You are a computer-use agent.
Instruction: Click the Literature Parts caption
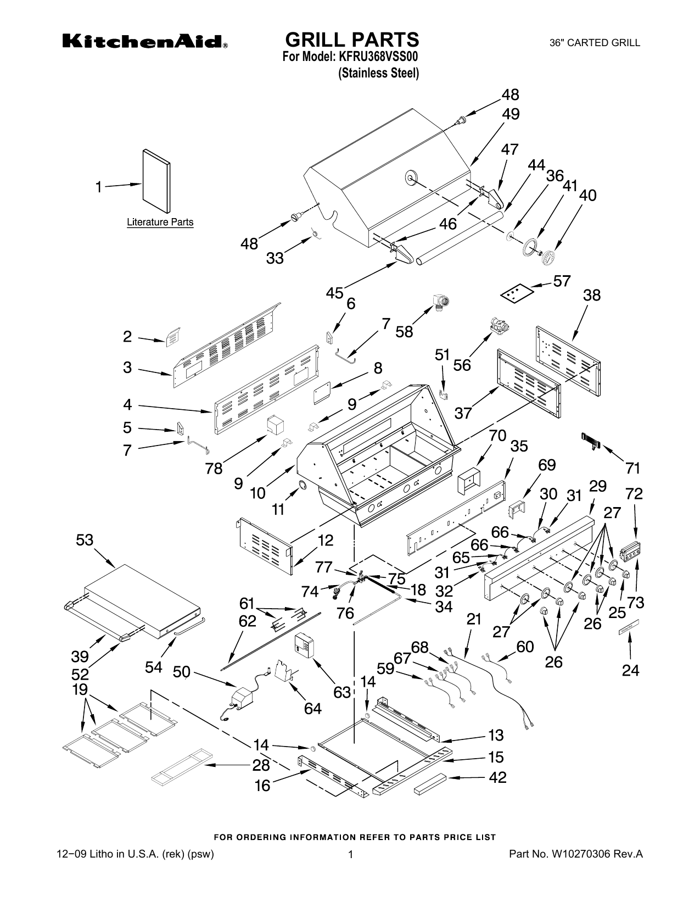160,222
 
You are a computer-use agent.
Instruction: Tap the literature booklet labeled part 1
156,181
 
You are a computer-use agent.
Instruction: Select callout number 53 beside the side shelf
85,540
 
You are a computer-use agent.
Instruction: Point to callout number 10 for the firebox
258,493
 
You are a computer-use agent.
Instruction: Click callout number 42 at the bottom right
497,777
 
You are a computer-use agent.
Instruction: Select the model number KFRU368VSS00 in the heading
378,57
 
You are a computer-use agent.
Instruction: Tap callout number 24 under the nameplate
630,670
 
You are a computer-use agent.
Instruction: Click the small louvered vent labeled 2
173,337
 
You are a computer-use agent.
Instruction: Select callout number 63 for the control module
342,692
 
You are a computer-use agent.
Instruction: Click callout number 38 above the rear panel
591,295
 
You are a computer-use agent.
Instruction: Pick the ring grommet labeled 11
301,485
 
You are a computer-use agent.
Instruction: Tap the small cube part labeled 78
275,425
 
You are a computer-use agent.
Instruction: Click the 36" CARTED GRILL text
595,42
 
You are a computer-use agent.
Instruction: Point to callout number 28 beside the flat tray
261,765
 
